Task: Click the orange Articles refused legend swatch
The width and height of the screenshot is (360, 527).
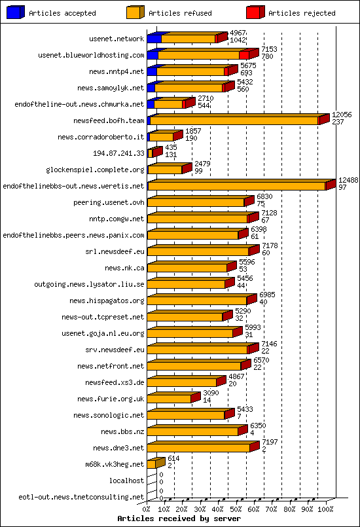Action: coord(135,12)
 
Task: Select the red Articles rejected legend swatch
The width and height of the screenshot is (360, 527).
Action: coord(255,12)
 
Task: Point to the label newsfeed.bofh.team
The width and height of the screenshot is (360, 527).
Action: coord(109,120)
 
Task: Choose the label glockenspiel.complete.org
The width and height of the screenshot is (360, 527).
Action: coord(95,170)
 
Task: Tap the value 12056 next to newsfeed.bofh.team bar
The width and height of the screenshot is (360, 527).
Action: coord(342,115)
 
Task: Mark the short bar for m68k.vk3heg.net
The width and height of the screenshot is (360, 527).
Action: coord(151,464)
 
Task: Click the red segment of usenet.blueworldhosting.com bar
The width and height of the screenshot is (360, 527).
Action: coord(243,56)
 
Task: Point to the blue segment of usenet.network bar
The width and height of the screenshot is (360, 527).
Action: coord(154,39)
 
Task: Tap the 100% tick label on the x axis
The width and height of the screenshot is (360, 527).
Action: coord(325,509)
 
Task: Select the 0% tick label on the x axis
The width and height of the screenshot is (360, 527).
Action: coord(147,509)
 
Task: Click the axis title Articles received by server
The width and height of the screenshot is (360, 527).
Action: coord(179,518)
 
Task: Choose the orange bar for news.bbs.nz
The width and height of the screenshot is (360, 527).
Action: coord(192,431)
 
